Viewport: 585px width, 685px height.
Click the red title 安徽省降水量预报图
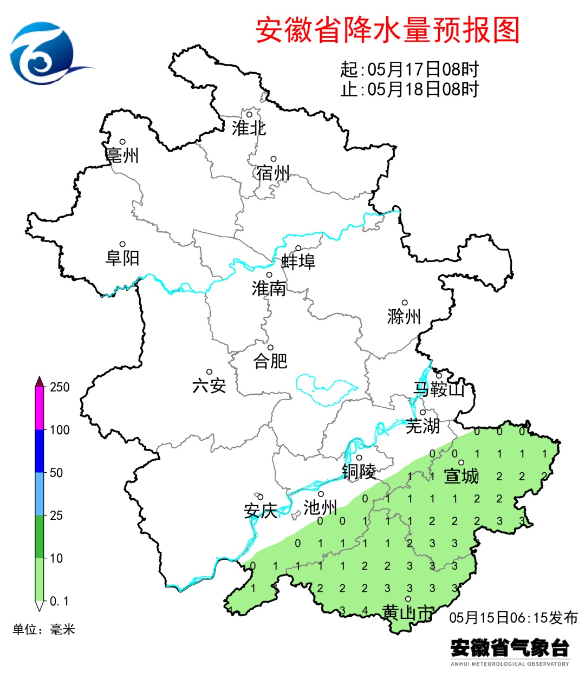[x=387, y=30]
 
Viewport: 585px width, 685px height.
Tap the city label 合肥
[x=270, y=361]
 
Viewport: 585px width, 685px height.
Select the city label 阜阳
[x=122, y=258]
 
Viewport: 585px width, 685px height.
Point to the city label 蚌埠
[x=298, y=262]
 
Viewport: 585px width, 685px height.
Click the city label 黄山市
[x=408, y=613]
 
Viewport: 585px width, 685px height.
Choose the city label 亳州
[x=122, y=156]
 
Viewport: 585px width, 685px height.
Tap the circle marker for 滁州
[x=405, y=303]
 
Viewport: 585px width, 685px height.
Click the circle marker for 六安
[x=209, y=372]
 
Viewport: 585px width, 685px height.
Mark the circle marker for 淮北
[x=250, y=114]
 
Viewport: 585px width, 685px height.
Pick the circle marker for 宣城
[x=461, y=462]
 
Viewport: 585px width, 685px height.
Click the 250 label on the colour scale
[x=60, y=387]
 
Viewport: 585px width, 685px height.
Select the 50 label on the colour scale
[x=56, y=473]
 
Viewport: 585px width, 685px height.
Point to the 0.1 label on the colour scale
[x=59, y=601]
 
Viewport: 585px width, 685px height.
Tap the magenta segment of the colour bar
[x=40, y=409]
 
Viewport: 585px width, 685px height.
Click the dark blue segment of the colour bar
[x=40, y=451]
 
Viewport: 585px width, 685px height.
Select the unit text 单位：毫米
[x=44, y=629]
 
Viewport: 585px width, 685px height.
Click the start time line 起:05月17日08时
[x=409, y=69]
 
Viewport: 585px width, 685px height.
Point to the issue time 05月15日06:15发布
[x=513, y=617]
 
